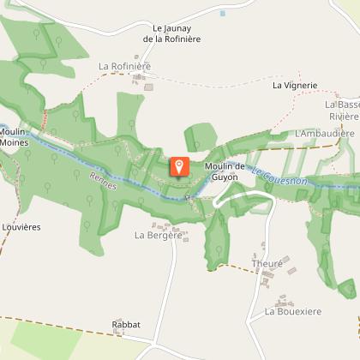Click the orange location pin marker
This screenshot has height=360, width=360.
179,166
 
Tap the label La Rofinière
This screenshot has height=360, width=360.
124,66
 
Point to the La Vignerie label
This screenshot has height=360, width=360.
295,86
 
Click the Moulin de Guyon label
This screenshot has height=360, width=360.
225,171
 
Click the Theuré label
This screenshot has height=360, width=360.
267,264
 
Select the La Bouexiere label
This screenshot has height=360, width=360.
292,312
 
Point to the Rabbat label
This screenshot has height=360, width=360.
125,325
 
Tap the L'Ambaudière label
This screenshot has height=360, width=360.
324,134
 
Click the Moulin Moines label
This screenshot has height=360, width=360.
15,137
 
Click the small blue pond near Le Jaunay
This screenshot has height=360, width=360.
222,14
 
